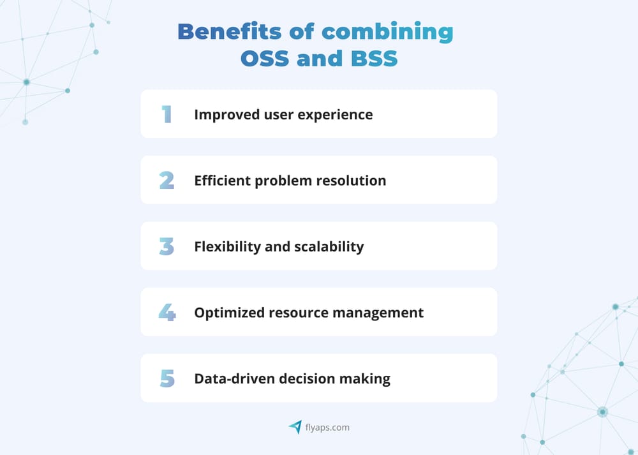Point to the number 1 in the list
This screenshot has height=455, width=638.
point(167,114)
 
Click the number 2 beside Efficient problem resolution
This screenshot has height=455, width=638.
point(167,181)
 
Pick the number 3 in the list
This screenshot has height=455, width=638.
point(167,246)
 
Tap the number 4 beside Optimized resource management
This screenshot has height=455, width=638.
point(167,313)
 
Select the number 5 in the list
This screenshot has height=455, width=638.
point(167,378)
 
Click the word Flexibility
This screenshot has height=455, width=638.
point(227,247)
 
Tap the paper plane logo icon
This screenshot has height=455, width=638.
point(295,427)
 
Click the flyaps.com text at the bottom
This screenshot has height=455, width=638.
point(327,428)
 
